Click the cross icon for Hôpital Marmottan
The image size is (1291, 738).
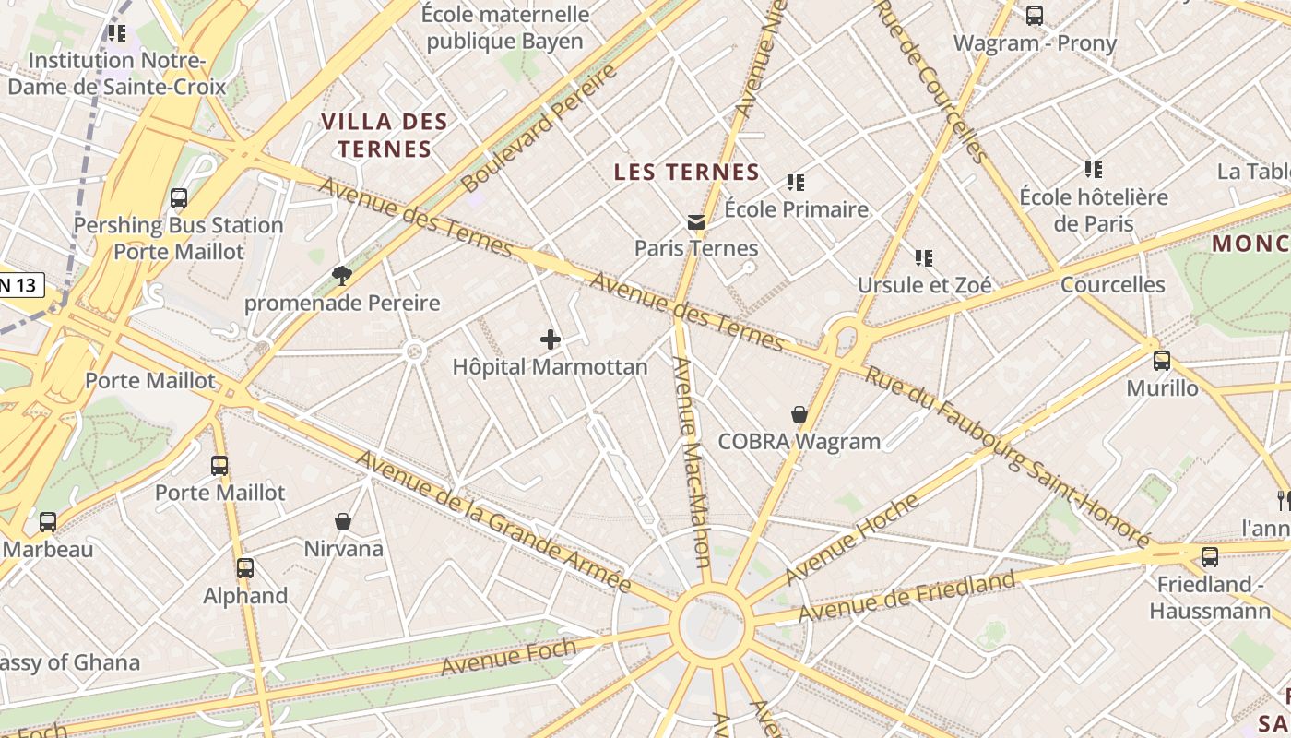[x=551, y=339]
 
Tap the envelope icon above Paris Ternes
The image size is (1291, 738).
[x=696, y=221]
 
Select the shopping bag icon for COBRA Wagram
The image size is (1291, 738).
[x=799, y=415]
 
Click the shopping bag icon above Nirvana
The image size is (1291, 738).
[x=343, y=522]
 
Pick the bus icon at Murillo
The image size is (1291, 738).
[x=1162, y=361]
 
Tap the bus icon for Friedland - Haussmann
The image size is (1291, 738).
[x=1210, y=557]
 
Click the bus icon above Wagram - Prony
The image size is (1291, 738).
[x=1035, y=16]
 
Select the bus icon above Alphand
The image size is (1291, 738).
[x=245, y=568]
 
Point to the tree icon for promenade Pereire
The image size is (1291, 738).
[x=342, y=276]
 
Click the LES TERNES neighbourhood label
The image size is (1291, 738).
[x=687, y=173]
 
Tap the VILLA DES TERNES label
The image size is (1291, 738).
[x=385, y=135]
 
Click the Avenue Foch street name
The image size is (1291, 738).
[x=509, y=655]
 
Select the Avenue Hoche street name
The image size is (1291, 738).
[x=852, y=540]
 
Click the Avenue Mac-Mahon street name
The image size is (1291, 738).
[x=691, y=461]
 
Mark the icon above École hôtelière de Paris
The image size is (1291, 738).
[x=1093, y=170]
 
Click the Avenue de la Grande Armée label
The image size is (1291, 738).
[x=493, y=521]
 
